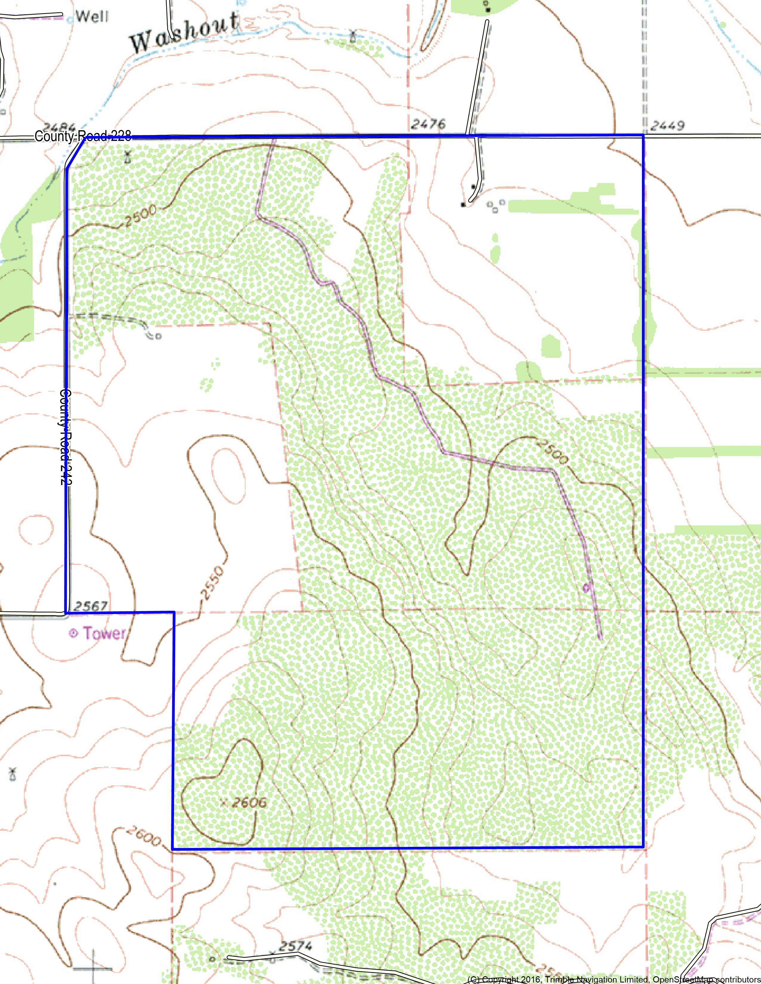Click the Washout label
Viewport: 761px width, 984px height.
point(184,33)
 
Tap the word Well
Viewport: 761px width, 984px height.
point(92,17)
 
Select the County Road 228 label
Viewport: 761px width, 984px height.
point(83,136)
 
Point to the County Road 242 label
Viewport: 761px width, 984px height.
point(66,437)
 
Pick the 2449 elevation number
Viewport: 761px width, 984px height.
point(668,126)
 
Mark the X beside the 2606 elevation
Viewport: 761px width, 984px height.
point(223,802)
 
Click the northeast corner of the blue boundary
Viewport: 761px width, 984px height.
point(643,135)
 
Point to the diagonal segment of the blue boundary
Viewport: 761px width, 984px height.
point(75,153)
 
